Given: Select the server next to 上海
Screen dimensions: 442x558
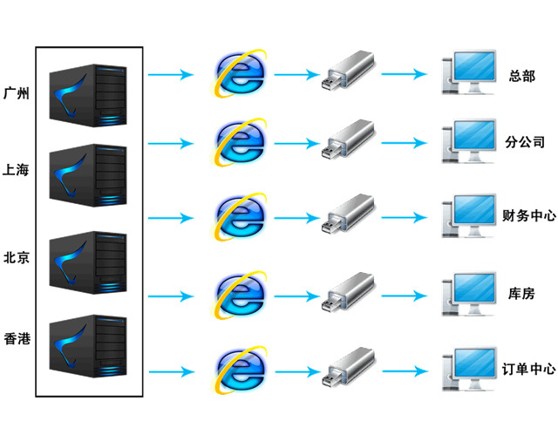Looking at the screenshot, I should (x=87, y=175).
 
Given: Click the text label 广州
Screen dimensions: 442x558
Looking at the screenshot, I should (x=17, y=92).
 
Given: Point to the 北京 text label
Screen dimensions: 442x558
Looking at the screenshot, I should (x=17, y=258).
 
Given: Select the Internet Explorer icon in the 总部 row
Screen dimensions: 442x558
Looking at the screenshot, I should (x=241, y=72).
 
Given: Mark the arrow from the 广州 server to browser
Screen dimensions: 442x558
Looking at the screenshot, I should (x=170, y=75).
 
